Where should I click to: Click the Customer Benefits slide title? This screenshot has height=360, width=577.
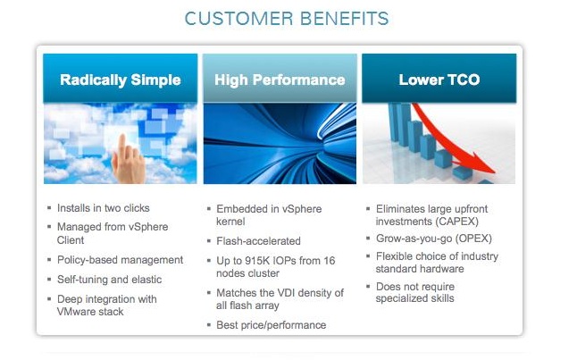[287, 19]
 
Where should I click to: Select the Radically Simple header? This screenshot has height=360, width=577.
[121, 80]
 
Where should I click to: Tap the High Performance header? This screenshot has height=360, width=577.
[280, 80]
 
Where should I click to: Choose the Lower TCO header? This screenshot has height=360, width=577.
[439, 80]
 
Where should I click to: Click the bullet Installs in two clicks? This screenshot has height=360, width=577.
[104, 208]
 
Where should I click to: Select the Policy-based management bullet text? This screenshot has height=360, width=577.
[120, 260]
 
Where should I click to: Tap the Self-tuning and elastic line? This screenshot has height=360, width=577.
[109, 280]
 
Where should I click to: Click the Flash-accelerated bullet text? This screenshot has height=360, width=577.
[258, 241]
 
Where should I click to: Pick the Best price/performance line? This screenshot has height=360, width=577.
[272, 325]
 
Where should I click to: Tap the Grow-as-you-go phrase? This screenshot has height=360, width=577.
[414, 239]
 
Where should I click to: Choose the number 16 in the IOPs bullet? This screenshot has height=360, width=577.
[330, 261]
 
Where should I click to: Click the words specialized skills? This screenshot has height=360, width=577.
[414, 298]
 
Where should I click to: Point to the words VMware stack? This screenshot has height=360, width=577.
[90, 312]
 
